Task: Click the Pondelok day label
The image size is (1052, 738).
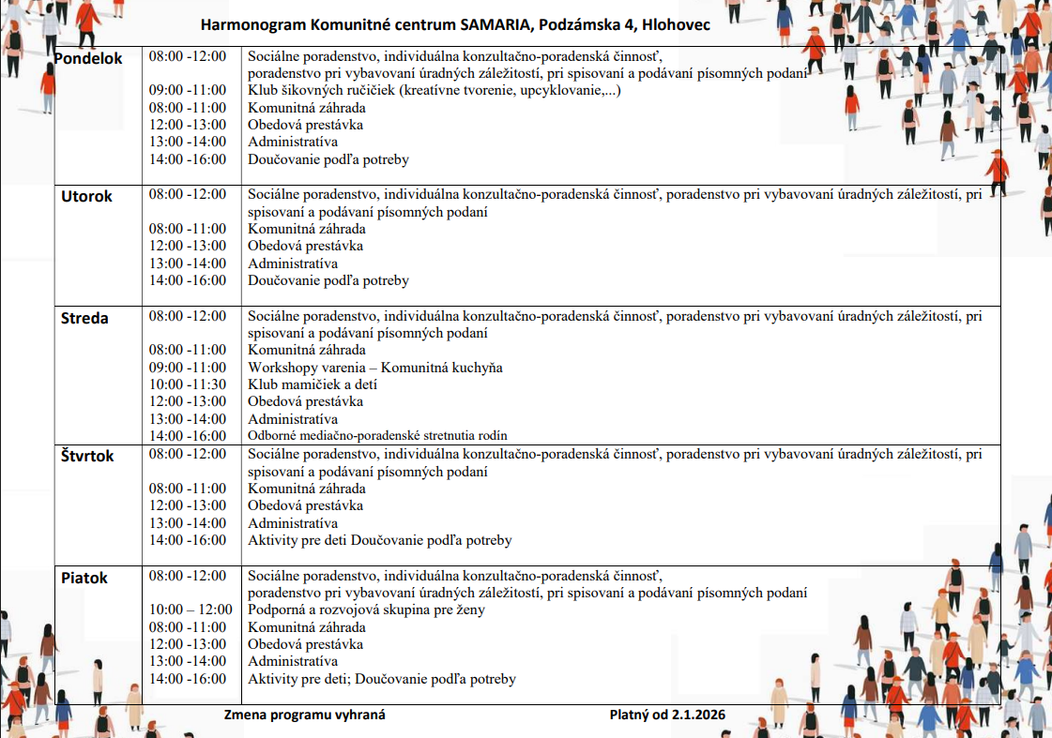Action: pos(88,59)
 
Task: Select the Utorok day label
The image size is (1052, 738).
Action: pos(86,196)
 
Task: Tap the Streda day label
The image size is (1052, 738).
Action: pos(84,318)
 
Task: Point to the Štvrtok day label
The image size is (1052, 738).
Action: pos(87,456)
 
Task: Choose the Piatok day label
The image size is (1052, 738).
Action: pos(84,578)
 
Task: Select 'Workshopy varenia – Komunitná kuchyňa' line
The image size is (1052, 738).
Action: pos(375,368)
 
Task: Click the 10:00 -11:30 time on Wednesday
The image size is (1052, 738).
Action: pos(188,384)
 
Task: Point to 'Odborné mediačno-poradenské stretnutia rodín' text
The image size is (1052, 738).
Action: pos(377,436)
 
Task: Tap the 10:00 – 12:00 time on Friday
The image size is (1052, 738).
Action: pos(191,610)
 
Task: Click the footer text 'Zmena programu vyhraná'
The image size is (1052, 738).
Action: pos(304,715)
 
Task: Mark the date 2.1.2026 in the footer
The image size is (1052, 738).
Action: pos(698,715)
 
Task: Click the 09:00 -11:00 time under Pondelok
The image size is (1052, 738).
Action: pos(188,90)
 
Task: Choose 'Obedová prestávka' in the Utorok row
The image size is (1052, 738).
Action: pos(305,246)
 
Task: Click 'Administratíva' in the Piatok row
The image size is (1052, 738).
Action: pos(293,661)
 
